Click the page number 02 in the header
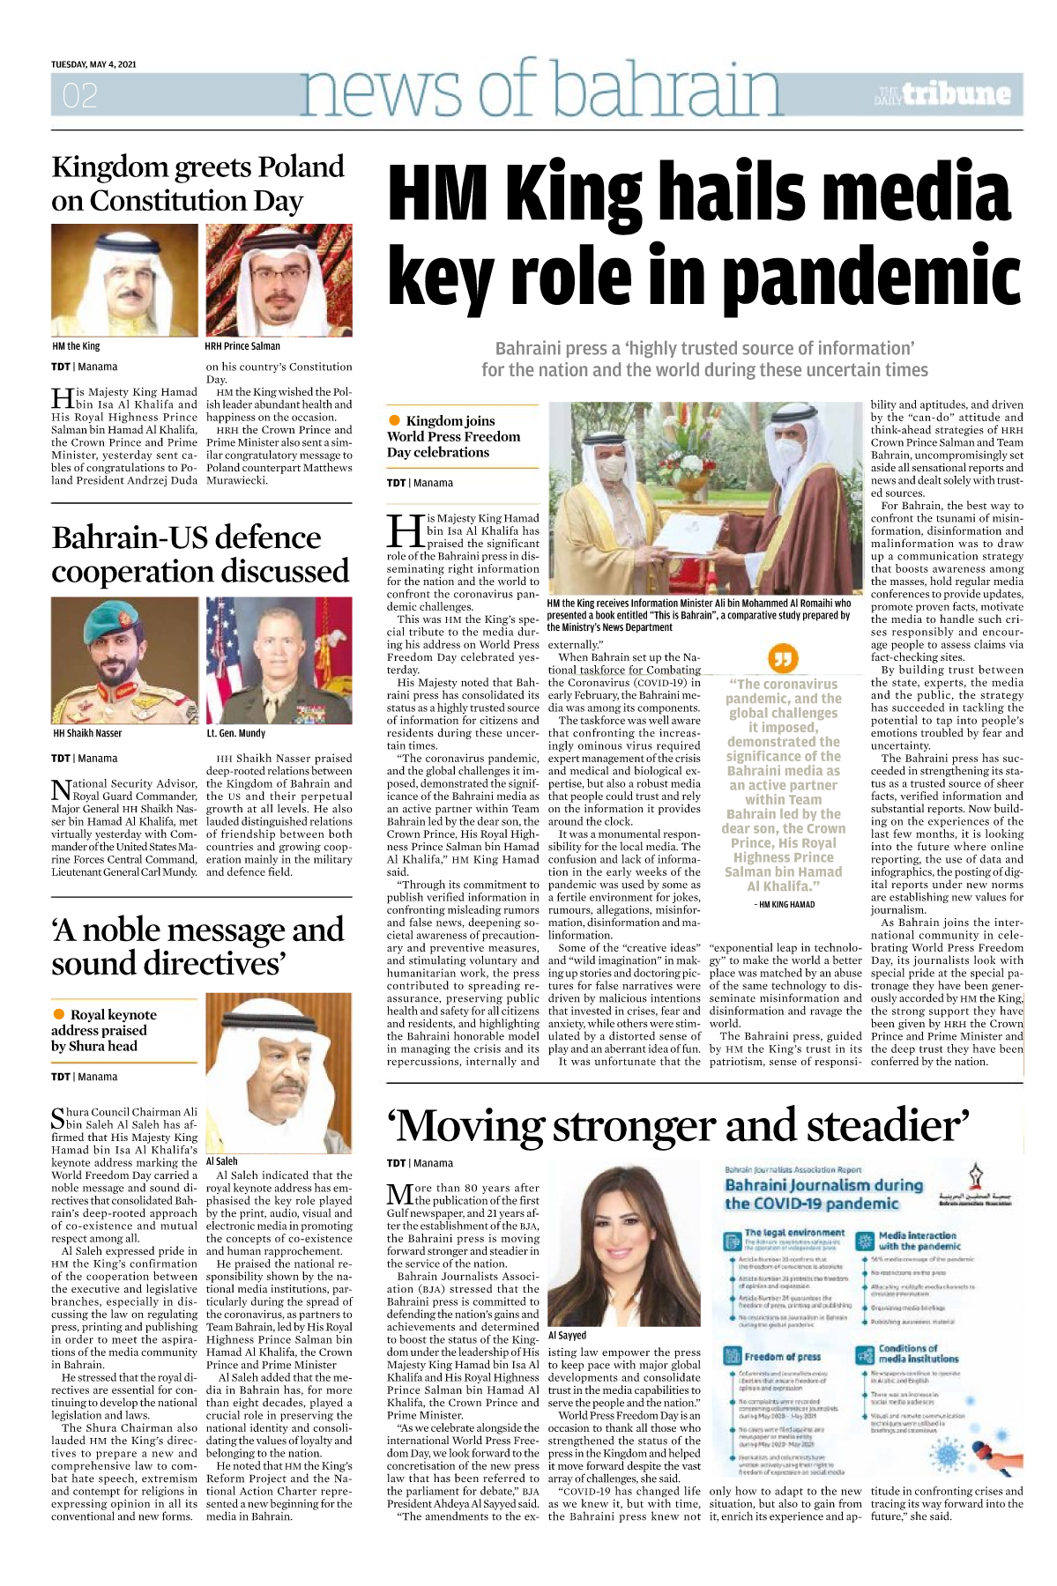tap(80, 95)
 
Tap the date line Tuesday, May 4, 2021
tap(93, 64)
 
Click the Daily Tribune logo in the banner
tap(944, 94)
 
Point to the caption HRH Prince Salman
tap(242, 346)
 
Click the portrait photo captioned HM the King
tap(124, 280)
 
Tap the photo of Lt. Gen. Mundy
tap(279, 660)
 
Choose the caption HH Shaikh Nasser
tap(87, 733)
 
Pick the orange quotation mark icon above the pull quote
tap(783, 657)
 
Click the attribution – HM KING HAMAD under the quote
tap(784, 904)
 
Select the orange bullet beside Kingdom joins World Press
tap(395, 420)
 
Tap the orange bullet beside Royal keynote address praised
tap(59, 1014)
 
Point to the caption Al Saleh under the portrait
tap(221, 1161)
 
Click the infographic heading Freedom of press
tap(782, 1356)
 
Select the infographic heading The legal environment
tap(794, 1233)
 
